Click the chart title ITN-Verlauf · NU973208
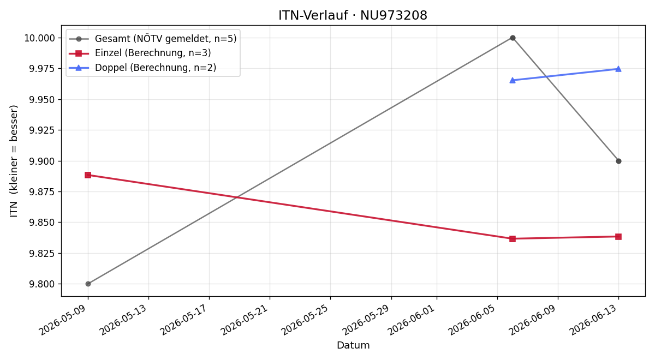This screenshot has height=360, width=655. pos(353,15)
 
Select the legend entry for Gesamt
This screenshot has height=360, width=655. pos(152,39)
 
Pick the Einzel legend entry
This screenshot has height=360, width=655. pos(140,53)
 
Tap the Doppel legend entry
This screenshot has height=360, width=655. pos(142,68)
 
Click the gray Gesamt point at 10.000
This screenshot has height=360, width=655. pos(513,38)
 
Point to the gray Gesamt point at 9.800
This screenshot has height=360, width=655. pos(88,284)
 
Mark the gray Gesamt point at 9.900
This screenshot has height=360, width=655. pos(618,161)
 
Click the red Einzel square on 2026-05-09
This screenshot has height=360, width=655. pos(88,175)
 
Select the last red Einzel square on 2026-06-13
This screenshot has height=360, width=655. pos(618,237)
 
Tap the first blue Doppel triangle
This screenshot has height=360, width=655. pos(513,80)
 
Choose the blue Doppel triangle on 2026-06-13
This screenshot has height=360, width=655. pos(618,69)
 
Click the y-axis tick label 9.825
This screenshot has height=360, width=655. pos(42,253)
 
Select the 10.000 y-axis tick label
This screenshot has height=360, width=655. pos(39,38)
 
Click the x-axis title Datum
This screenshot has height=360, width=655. pos(353,345)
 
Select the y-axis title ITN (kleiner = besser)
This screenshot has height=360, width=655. pos(14,161)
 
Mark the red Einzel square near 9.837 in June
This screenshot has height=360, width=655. pos(513,239)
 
